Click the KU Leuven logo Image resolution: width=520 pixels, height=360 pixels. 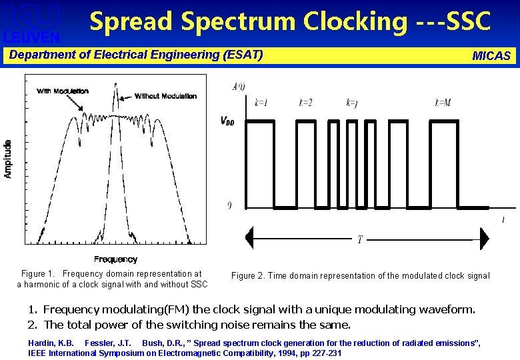pos(33,22)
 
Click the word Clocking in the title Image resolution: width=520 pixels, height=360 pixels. pos(353,21)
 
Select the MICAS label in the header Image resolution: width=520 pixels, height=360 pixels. pos(491,56)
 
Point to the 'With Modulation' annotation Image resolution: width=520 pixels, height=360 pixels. pos(63,91)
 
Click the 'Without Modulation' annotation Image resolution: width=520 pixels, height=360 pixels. pos(165,96)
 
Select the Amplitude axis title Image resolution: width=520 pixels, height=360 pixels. pos(8,159)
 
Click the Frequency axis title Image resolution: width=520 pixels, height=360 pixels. pos(115,259)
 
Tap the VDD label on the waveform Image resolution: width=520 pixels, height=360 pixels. pos(227,121)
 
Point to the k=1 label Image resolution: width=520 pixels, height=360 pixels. pos(261,103)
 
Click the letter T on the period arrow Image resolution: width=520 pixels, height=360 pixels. pos(360,239)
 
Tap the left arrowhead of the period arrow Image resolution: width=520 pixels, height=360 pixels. pos(250,237)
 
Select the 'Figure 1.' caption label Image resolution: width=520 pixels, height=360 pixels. pos(37,274)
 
